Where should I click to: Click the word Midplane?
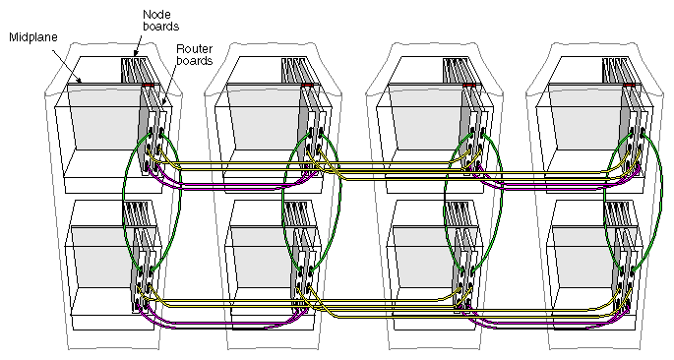pos(34,37)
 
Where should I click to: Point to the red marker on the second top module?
pos(309,87)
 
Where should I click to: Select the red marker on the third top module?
pos(469,87)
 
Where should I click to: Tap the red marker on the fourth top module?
pos(629,87)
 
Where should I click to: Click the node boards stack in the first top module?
pos(135,71)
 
